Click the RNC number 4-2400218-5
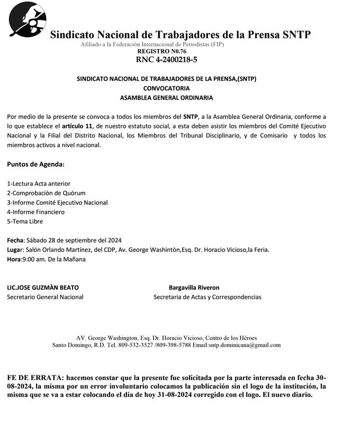166,60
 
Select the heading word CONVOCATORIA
166,88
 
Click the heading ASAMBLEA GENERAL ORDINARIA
166,98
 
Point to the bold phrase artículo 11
77,126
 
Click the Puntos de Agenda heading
35,164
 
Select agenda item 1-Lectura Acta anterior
39,184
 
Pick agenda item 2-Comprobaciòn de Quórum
46,193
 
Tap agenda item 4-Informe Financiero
35,212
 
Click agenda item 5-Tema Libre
25,222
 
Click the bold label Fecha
15,240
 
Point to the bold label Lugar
15,250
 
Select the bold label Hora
14,259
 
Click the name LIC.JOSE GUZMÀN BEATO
43,287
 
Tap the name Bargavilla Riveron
194,287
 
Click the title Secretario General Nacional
45,297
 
